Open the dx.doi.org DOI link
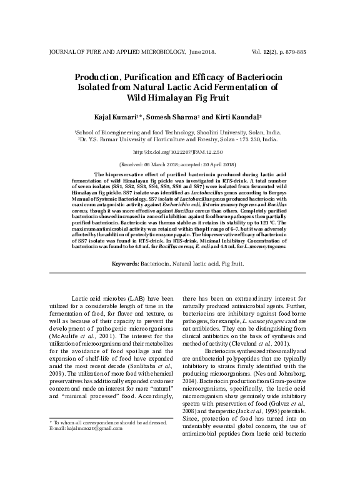[x=180, y=152]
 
